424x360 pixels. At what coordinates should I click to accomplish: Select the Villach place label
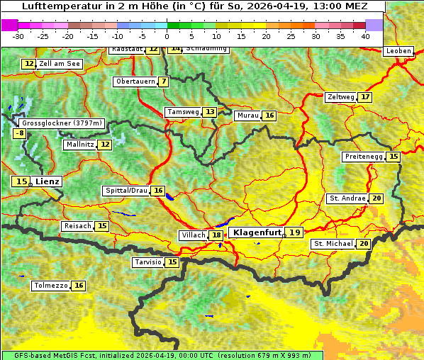[193, 235]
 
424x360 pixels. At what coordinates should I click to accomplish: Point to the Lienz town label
[48, 182]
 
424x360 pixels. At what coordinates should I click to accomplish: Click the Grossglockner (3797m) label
[62, 123]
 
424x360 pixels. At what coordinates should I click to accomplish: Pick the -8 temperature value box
[21, 133]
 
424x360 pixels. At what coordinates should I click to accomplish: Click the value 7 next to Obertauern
[164, 81]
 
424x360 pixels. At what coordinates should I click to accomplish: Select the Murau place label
[247, 116]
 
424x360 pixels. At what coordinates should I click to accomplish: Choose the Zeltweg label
[340, 97]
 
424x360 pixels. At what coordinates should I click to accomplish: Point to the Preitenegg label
[363, 157]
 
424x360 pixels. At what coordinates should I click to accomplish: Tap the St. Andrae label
[347, 198]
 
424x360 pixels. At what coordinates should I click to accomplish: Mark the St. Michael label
[333, 244]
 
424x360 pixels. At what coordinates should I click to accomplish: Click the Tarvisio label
[147, 262]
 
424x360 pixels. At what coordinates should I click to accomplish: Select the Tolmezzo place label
[51, 286]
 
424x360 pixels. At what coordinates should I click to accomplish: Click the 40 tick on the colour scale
[365, 35]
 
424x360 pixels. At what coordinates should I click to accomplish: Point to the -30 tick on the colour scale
[18, 35]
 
